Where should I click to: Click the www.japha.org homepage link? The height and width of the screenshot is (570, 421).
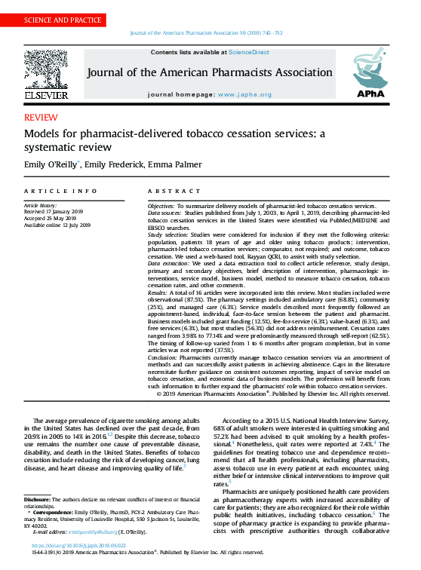(240, 95)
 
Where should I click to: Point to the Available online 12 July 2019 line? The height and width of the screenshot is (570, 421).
(57, 225)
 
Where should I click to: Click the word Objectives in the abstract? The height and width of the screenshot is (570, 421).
(161, 206)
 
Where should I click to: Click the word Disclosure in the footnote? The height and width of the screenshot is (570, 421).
(37, 500)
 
